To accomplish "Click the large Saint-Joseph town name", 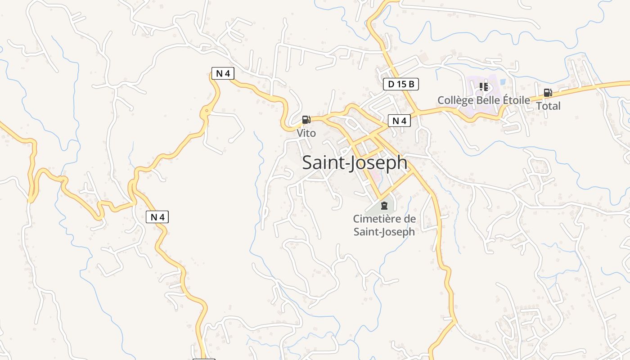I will (x=355, y=163).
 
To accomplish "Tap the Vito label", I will (x=306, y=133).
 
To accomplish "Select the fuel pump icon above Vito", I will (x=306, y=120).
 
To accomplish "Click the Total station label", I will (x=548, y=106).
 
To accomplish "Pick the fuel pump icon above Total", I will (x=548, y=93).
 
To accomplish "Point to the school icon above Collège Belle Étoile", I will (x=484, y=86).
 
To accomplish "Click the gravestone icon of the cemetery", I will (x=384, y=206).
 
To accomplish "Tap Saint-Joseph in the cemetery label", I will (x=384, y=232).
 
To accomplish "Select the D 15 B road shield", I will (x=401, y=84).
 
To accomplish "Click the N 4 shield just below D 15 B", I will (x=399, y=121).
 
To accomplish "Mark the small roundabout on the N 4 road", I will (x=207, y=111).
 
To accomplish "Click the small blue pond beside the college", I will (x=502, y=82).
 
